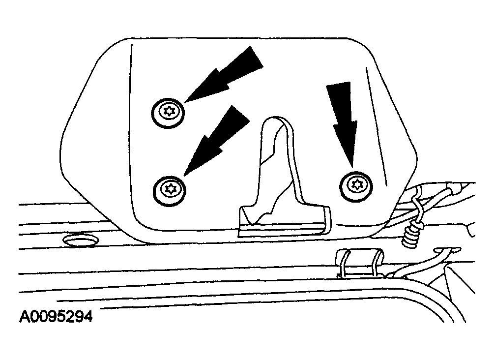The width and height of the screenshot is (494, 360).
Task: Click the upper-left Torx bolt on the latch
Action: pyautogui.click(x=168, y=113)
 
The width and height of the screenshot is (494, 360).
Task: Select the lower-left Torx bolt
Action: pyautogui.click(x=170, y=191)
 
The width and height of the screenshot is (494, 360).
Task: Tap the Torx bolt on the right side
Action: pyautogui.click(x=356, y=186)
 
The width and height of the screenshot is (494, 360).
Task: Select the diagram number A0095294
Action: pyautogui.click(x=56, y=317)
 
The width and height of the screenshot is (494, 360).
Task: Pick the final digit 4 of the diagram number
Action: pyautogui.click(x=88, y=317)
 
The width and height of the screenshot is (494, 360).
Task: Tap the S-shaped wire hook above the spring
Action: pyautogui.click(x=418, y=205)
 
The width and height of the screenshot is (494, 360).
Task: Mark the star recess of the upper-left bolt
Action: pyautogui.click(x=169, y=111)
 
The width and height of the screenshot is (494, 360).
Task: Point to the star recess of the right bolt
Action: pyautogui.click(x=357, y=184)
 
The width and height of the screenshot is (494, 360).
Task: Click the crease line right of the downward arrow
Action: pyautogui.click(x=376, y=126)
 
